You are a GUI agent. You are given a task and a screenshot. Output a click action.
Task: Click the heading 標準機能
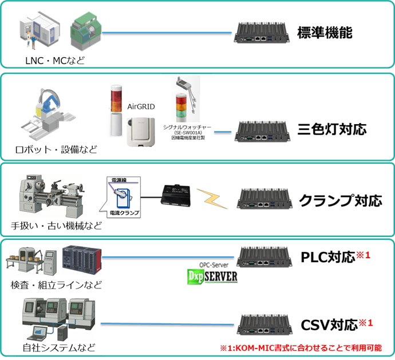(x=324, y=33)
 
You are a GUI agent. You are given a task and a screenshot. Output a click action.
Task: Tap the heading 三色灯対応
(x=331, y=129)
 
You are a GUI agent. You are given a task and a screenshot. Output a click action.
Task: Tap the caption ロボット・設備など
(x=56, y=151)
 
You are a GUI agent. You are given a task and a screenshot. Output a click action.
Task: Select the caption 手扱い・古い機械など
(x=57, y=225)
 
